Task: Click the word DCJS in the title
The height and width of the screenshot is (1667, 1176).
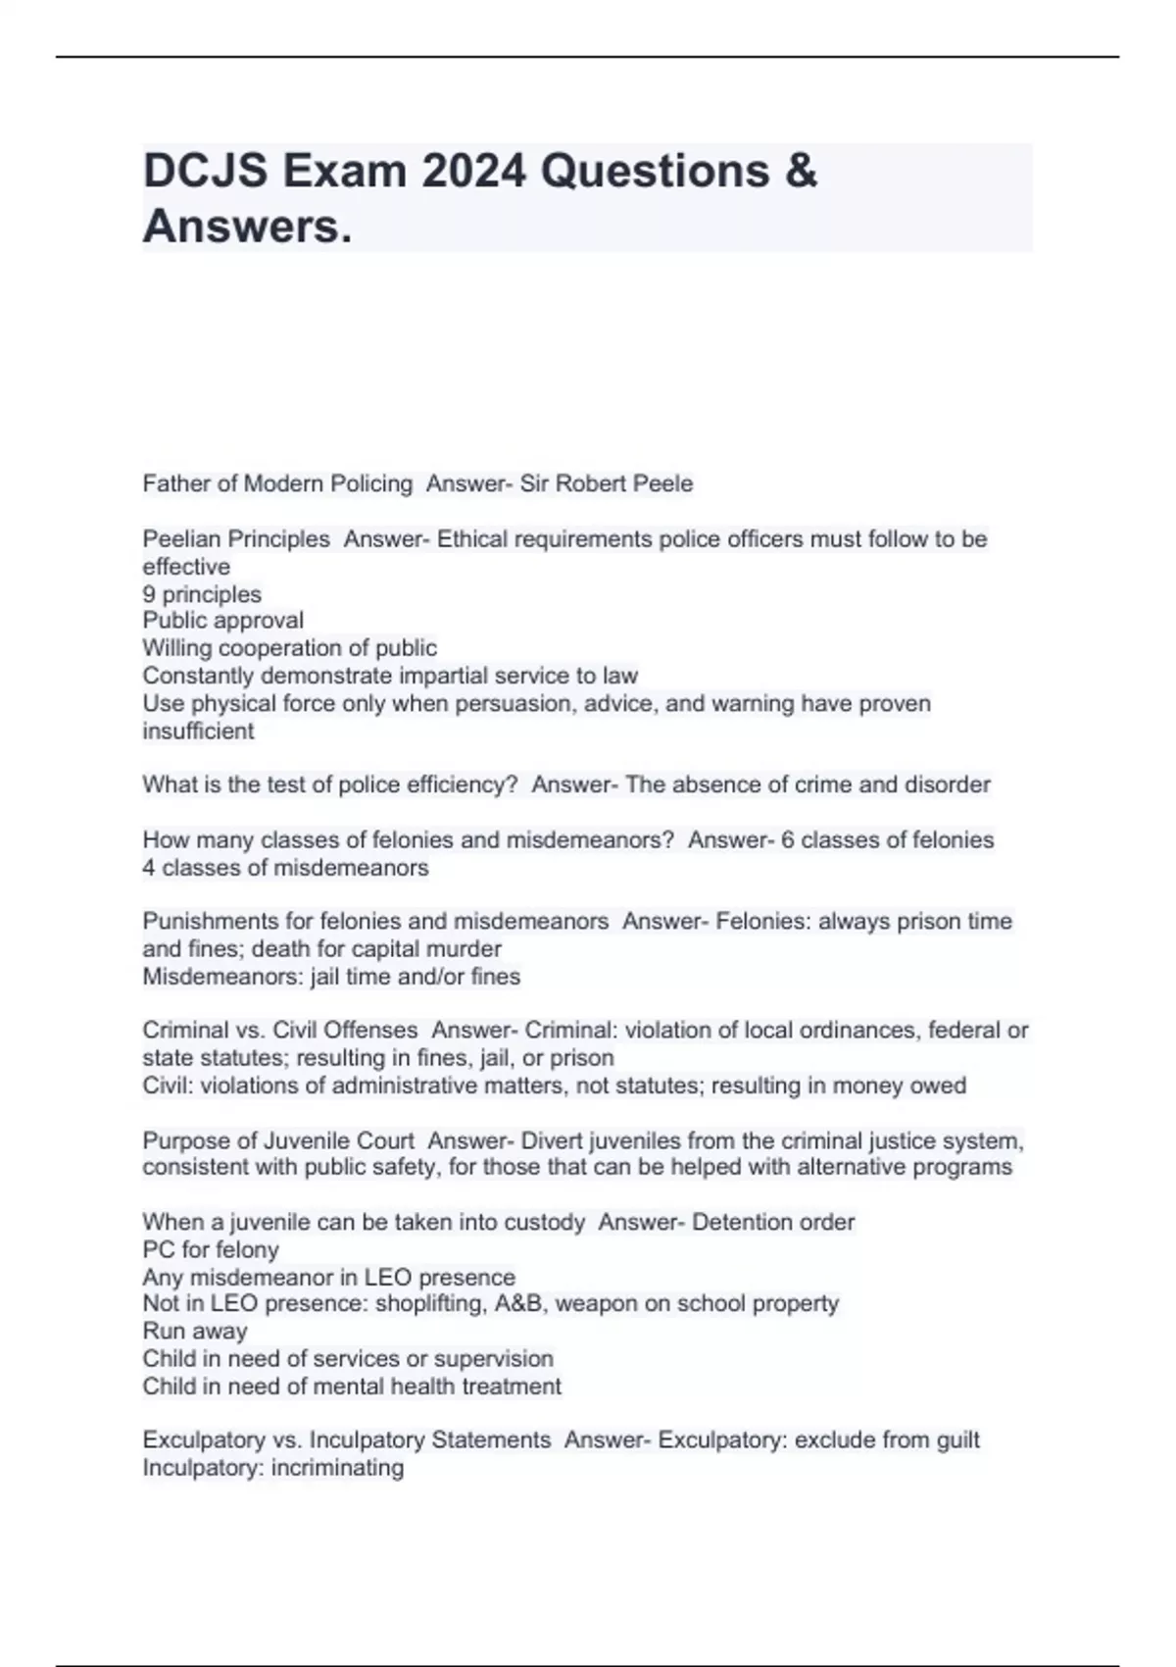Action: (205, 171)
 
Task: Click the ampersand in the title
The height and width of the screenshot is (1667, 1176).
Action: (801, 171)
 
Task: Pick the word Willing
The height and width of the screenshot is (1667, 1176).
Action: (179, 648)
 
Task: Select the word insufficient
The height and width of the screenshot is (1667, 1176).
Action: (198, 732)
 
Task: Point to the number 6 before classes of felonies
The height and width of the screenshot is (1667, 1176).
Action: (787, 840)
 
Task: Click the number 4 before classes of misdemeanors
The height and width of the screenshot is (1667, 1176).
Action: (149, 868)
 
